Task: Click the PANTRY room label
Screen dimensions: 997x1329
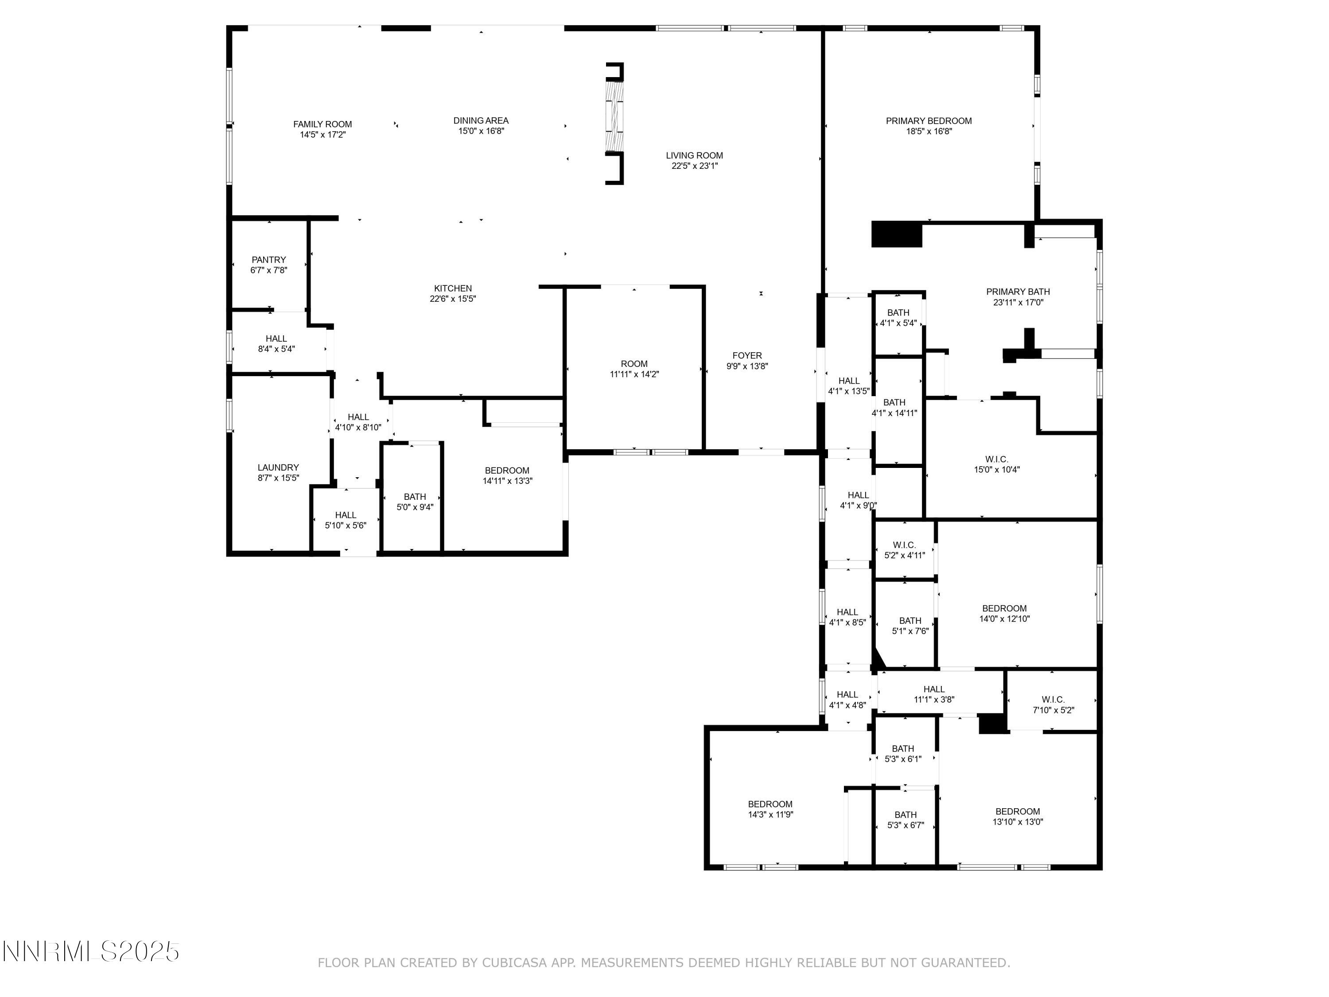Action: pos(268,260)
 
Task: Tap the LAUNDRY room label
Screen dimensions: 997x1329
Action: pos(278,467)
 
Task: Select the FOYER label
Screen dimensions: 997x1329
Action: pos(747,355)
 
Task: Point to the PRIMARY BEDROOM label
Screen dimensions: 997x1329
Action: pos(928,121)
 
